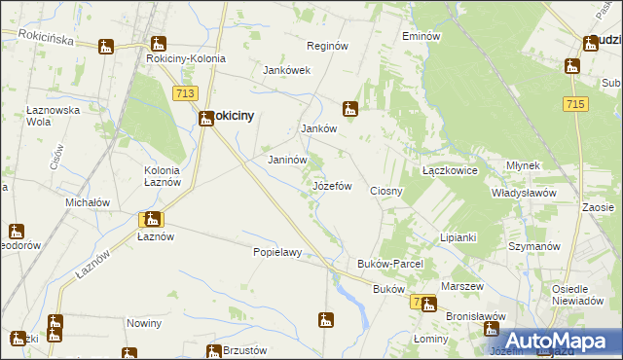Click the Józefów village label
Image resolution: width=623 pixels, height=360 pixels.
click(x=331, y=185)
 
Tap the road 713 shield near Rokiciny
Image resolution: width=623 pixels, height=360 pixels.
click(x=187, y=93)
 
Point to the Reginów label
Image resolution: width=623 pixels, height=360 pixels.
click(x=327, y=46)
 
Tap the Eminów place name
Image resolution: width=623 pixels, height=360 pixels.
click(x=421, y=36)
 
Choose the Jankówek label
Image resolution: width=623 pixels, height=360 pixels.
click(x=286, y=70)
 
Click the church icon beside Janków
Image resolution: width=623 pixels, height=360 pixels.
click(x=350, y=109)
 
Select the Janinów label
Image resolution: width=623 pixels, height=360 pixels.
click(x=287, y=160)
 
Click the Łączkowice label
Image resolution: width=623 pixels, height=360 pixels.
click(x=449, y=169)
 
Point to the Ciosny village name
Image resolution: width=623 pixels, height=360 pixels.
click(x=386, y=191)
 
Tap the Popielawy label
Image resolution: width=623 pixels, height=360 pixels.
click(x=276, y=252)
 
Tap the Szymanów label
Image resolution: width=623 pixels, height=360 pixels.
click(x=531, y=247)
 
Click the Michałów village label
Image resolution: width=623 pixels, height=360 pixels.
click(x=87, y=202)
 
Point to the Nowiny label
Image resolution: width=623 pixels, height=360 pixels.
click(x=143, y=322)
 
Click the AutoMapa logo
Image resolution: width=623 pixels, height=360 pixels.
click(x=560, y=340)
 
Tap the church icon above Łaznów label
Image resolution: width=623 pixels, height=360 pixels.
click(x=152, y=221)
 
